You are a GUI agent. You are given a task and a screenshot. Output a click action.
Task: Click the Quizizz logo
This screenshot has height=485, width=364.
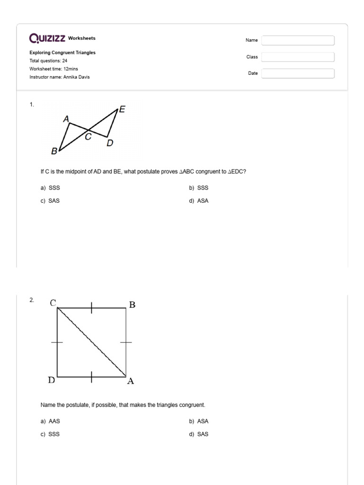47,38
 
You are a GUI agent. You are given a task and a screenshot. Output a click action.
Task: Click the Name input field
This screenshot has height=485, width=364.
298,40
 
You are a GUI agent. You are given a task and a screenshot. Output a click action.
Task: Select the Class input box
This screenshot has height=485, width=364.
298,57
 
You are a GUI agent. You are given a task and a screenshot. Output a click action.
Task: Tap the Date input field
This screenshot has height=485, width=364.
298,73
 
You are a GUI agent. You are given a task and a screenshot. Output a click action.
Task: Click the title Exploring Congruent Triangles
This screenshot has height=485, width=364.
62,53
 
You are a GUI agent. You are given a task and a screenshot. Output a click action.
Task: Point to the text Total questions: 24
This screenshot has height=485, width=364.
48,61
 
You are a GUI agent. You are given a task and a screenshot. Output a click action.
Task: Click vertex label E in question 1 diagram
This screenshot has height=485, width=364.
122,109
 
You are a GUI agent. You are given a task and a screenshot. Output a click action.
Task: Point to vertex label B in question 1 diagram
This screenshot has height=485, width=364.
54,152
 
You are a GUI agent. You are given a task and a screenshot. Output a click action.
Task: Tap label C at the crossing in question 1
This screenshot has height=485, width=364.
88,137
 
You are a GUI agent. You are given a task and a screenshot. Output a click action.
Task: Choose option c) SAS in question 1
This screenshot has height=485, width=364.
50,201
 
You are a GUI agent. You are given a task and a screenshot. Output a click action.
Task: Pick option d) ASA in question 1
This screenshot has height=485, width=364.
199,201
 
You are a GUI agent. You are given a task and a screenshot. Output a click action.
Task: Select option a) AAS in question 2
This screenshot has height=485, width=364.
50,421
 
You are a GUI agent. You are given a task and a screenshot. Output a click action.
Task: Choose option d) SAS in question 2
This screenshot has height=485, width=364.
199,434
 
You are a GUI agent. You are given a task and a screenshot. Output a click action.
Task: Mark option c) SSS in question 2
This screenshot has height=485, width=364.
50,434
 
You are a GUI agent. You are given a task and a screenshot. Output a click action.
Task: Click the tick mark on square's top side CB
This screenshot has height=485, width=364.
91,308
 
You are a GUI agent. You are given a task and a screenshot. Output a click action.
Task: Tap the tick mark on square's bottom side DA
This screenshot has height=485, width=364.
91,376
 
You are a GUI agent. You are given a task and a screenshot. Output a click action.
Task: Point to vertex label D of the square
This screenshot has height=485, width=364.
52,380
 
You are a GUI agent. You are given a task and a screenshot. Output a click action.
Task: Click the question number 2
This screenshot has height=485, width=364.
31,300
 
